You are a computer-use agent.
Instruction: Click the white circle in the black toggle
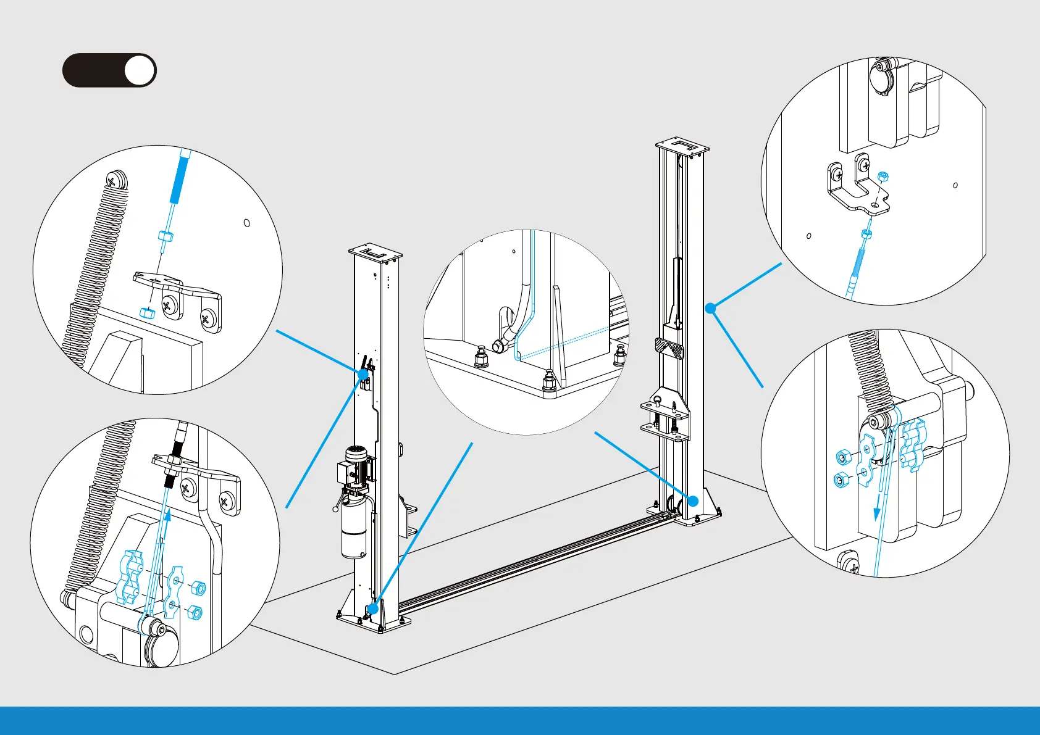pos(140,70)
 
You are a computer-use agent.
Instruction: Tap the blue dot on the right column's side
pos(711,307)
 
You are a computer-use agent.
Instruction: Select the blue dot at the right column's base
pos(693,501)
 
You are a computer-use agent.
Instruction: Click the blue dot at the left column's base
pos(372,608)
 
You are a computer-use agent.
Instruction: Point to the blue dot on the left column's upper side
pos(363,374)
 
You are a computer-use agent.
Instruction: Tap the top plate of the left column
pos(375,252)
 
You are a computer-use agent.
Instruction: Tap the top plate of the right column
pos(682,146)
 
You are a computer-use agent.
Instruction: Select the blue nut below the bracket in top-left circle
pos(147,312)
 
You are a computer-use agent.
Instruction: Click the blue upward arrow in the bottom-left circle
pos(166,525)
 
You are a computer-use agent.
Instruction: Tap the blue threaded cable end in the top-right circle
pos(858,265)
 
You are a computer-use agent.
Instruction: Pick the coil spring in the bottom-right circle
pos(871,370)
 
